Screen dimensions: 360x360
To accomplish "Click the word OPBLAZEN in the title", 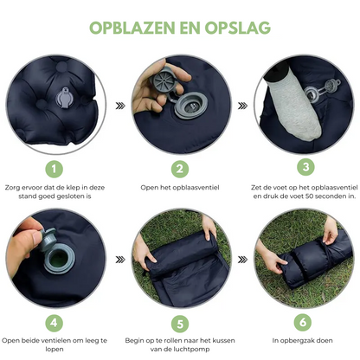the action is (132, 28).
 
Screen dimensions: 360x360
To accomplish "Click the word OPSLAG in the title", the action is (238, 28).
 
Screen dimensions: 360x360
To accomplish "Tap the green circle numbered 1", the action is (55, 169).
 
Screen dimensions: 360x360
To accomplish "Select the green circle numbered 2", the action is (180, 169).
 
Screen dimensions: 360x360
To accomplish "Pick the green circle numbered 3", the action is (305, 167).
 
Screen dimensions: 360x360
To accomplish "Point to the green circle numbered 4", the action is (55, 323).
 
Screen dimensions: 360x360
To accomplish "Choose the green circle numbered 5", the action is (180, 324).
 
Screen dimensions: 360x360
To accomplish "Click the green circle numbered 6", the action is (303, 322).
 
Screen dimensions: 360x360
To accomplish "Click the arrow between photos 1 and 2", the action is (120, 106).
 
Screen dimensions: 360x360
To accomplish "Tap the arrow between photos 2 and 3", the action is (242, 106).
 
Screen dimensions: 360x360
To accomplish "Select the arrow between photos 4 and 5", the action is (120, 260).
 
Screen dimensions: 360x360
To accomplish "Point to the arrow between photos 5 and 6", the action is (242, 260).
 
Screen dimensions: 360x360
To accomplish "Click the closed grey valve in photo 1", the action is (65, 98).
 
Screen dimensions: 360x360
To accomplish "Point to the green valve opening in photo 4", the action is (60, 258).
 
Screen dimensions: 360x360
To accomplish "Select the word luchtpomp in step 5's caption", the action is (193, 349).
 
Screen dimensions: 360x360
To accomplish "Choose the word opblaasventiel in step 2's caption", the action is (196, 188).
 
